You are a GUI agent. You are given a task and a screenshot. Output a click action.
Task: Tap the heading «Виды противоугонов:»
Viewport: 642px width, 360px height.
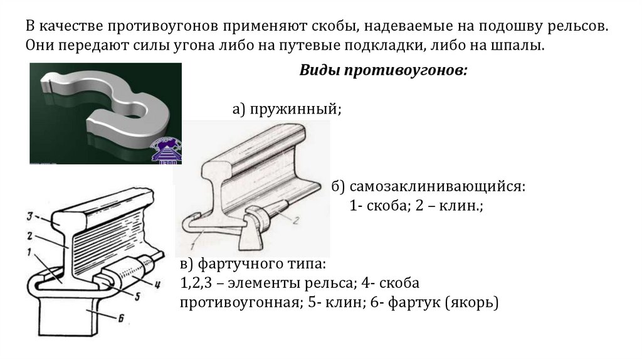pyautogui.click(x=383, y=70)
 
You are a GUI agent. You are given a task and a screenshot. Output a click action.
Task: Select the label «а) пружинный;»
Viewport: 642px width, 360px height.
pyautogui.click(x=287, y=110)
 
